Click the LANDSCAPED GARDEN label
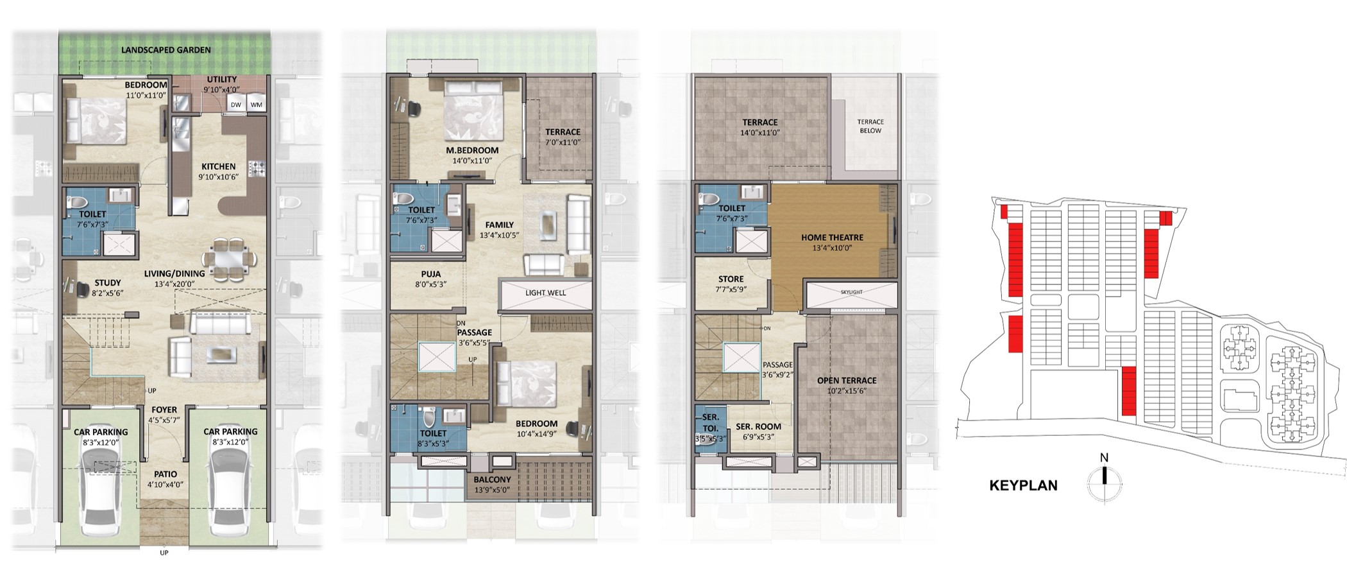coord(166,49)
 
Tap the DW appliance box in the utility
coord(236,105)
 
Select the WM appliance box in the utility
coord(256,105)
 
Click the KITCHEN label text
coord(218,166)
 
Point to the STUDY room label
coord(108,282)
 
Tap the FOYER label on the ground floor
coord(165,410)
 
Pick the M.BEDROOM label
coord(473,150)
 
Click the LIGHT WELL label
coord(546,293)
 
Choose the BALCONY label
coord(493,480)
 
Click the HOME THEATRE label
coord(832,238)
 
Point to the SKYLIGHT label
coord(852,292)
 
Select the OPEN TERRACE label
coord(847,381)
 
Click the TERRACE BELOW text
coord(870,126)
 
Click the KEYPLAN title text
coord(1023,486)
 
